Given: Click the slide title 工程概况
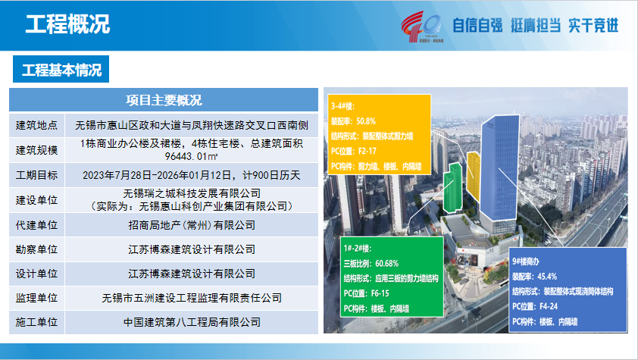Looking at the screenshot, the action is pos(67,24).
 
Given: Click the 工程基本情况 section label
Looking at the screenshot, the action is pos(61,70).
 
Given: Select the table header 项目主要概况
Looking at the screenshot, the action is pos(164,100).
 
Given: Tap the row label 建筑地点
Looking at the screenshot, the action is pos(36,125).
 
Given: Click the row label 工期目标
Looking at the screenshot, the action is pos(36,175).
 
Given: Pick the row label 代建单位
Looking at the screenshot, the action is pos(36,225).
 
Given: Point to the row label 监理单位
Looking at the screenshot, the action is pos(36,298).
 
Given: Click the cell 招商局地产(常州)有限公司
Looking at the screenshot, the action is pos(192,225).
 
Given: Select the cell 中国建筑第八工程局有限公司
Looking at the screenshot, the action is pos(192,322).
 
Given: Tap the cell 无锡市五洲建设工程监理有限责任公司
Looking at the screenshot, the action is pos(192,298).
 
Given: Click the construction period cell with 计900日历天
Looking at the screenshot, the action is pos(192,175).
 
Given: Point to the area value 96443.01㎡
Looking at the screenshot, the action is pos(191,156).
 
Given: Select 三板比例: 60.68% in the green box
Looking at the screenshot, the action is pos(371,264).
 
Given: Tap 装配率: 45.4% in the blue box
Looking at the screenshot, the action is pos(535,277).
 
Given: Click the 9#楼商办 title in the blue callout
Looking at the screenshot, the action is pos(526,261).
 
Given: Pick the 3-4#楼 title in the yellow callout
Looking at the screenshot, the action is pos(343,106).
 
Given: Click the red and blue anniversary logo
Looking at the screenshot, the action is pos(422,27).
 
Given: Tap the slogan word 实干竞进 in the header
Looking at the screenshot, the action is pos(593,25).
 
